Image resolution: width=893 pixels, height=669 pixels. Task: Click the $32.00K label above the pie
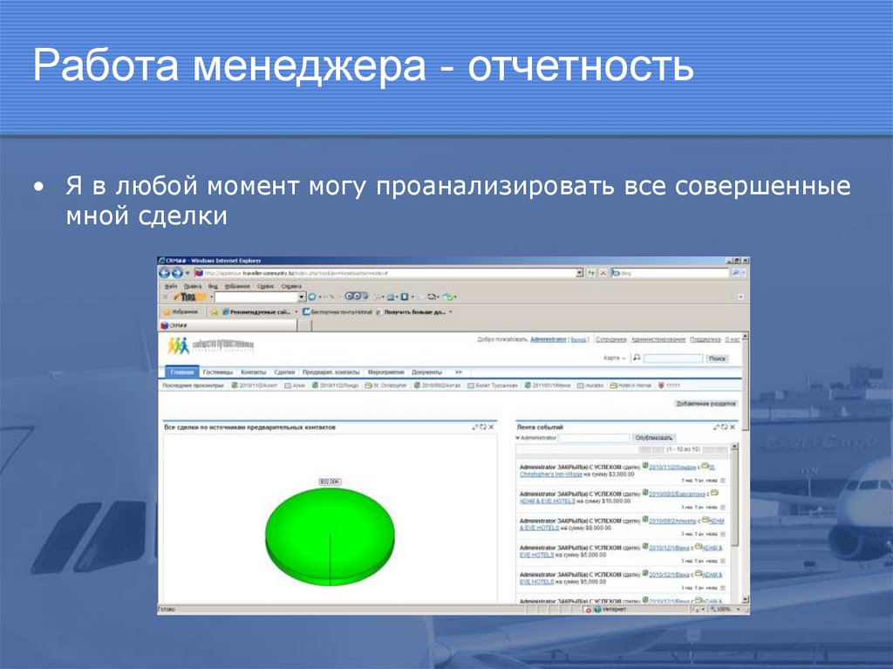[x=330, y=481]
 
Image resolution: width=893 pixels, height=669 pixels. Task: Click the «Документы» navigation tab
[x=426, y=372]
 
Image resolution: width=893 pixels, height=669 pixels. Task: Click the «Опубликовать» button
[x=654, y=438]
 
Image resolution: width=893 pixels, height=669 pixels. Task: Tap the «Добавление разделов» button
[x=706, y=404]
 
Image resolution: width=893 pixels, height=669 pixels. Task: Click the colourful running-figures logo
[x=179, y=345]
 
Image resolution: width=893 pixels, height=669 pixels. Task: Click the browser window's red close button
[x=745, y=261]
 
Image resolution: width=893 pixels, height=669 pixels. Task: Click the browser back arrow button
[x=165, y=273]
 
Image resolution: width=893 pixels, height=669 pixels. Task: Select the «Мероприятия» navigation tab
[x=385, y=372]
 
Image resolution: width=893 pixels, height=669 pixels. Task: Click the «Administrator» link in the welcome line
[x=549, y=339]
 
